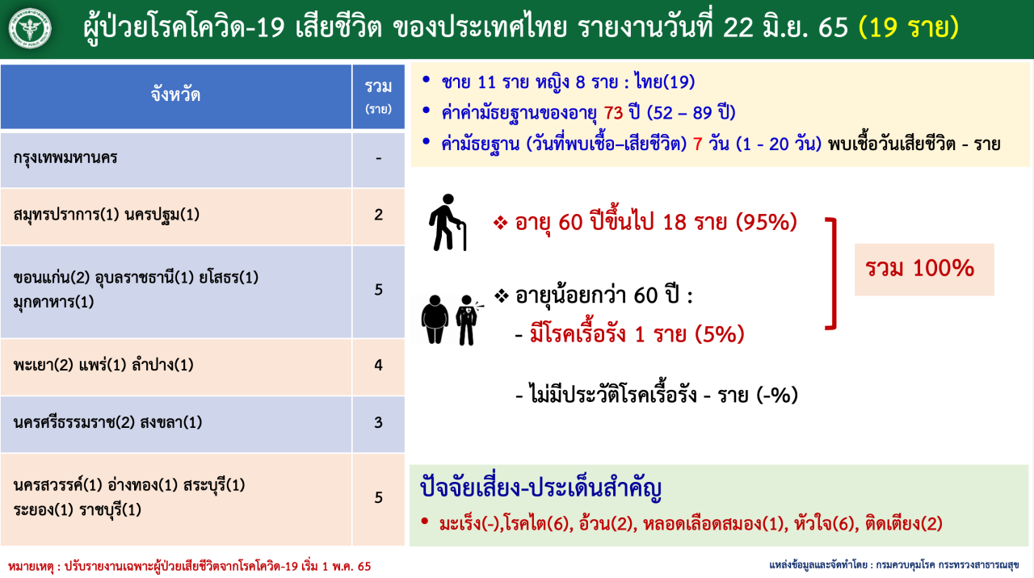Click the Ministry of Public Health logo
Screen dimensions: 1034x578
[30, 28]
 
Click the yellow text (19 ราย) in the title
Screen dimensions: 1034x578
[909, 27]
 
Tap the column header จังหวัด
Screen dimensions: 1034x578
[175, 95]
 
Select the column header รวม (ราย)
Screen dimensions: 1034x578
[379, 96]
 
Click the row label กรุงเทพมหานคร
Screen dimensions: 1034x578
[65, 158]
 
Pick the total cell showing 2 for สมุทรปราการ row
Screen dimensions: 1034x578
[379, 215]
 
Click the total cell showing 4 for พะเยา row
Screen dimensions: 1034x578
[379, 366]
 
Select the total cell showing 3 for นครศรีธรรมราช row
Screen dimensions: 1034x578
[379, 422]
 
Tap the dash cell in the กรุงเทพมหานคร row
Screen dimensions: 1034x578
[379, 159]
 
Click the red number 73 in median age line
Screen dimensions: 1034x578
[613, 112]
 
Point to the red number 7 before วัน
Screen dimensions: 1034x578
[697, 144]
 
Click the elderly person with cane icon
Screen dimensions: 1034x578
[448, 222]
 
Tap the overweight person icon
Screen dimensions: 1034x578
[435, 320]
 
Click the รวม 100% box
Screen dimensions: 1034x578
[924, 270]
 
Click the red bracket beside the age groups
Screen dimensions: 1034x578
[834, 274]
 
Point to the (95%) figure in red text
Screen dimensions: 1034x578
[767, 222]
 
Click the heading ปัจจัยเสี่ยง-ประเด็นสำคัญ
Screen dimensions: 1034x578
[541, 488]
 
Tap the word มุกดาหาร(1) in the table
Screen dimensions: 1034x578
[53, 302]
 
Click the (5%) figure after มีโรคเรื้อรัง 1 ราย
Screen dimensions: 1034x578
[720, 334]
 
